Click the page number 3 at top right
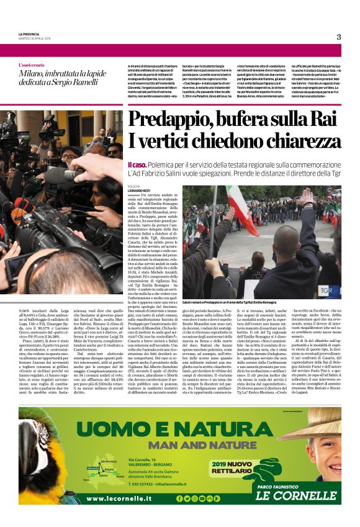339,37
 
